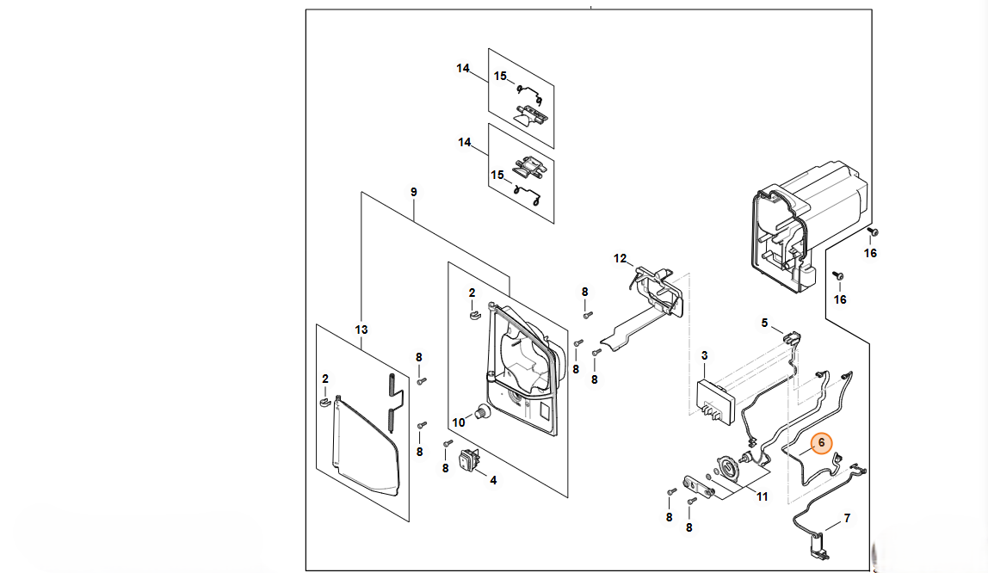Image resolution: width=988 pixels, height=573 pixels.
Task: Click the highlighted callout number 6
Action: [821, 443]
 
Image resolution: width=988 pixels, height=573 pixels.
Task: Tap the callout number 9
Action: [413, 192]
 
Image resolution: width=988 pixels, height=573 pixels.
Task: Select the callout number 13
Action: [361, 330]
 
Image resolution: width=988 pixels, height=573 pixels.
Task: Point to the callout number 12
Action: [620, 258]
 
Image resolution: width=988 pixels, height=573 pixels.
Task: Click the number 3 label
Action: [705, 355]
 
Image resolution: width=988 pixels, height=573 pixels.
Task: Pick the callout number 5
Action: [764, 323]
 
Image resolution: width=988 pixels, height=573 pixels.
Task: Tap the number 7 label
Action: [847, 518]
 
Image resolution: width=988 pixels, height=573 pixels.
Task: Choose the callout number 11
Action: [762, 496]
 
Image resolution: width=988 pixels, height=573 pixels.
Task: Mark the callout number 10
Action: [459, 422]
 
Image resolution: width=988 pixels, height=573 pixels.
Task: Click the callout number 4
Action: [493, 480]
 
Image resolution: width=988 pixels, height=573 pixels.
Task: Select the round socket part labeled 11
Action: [731, 468]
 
